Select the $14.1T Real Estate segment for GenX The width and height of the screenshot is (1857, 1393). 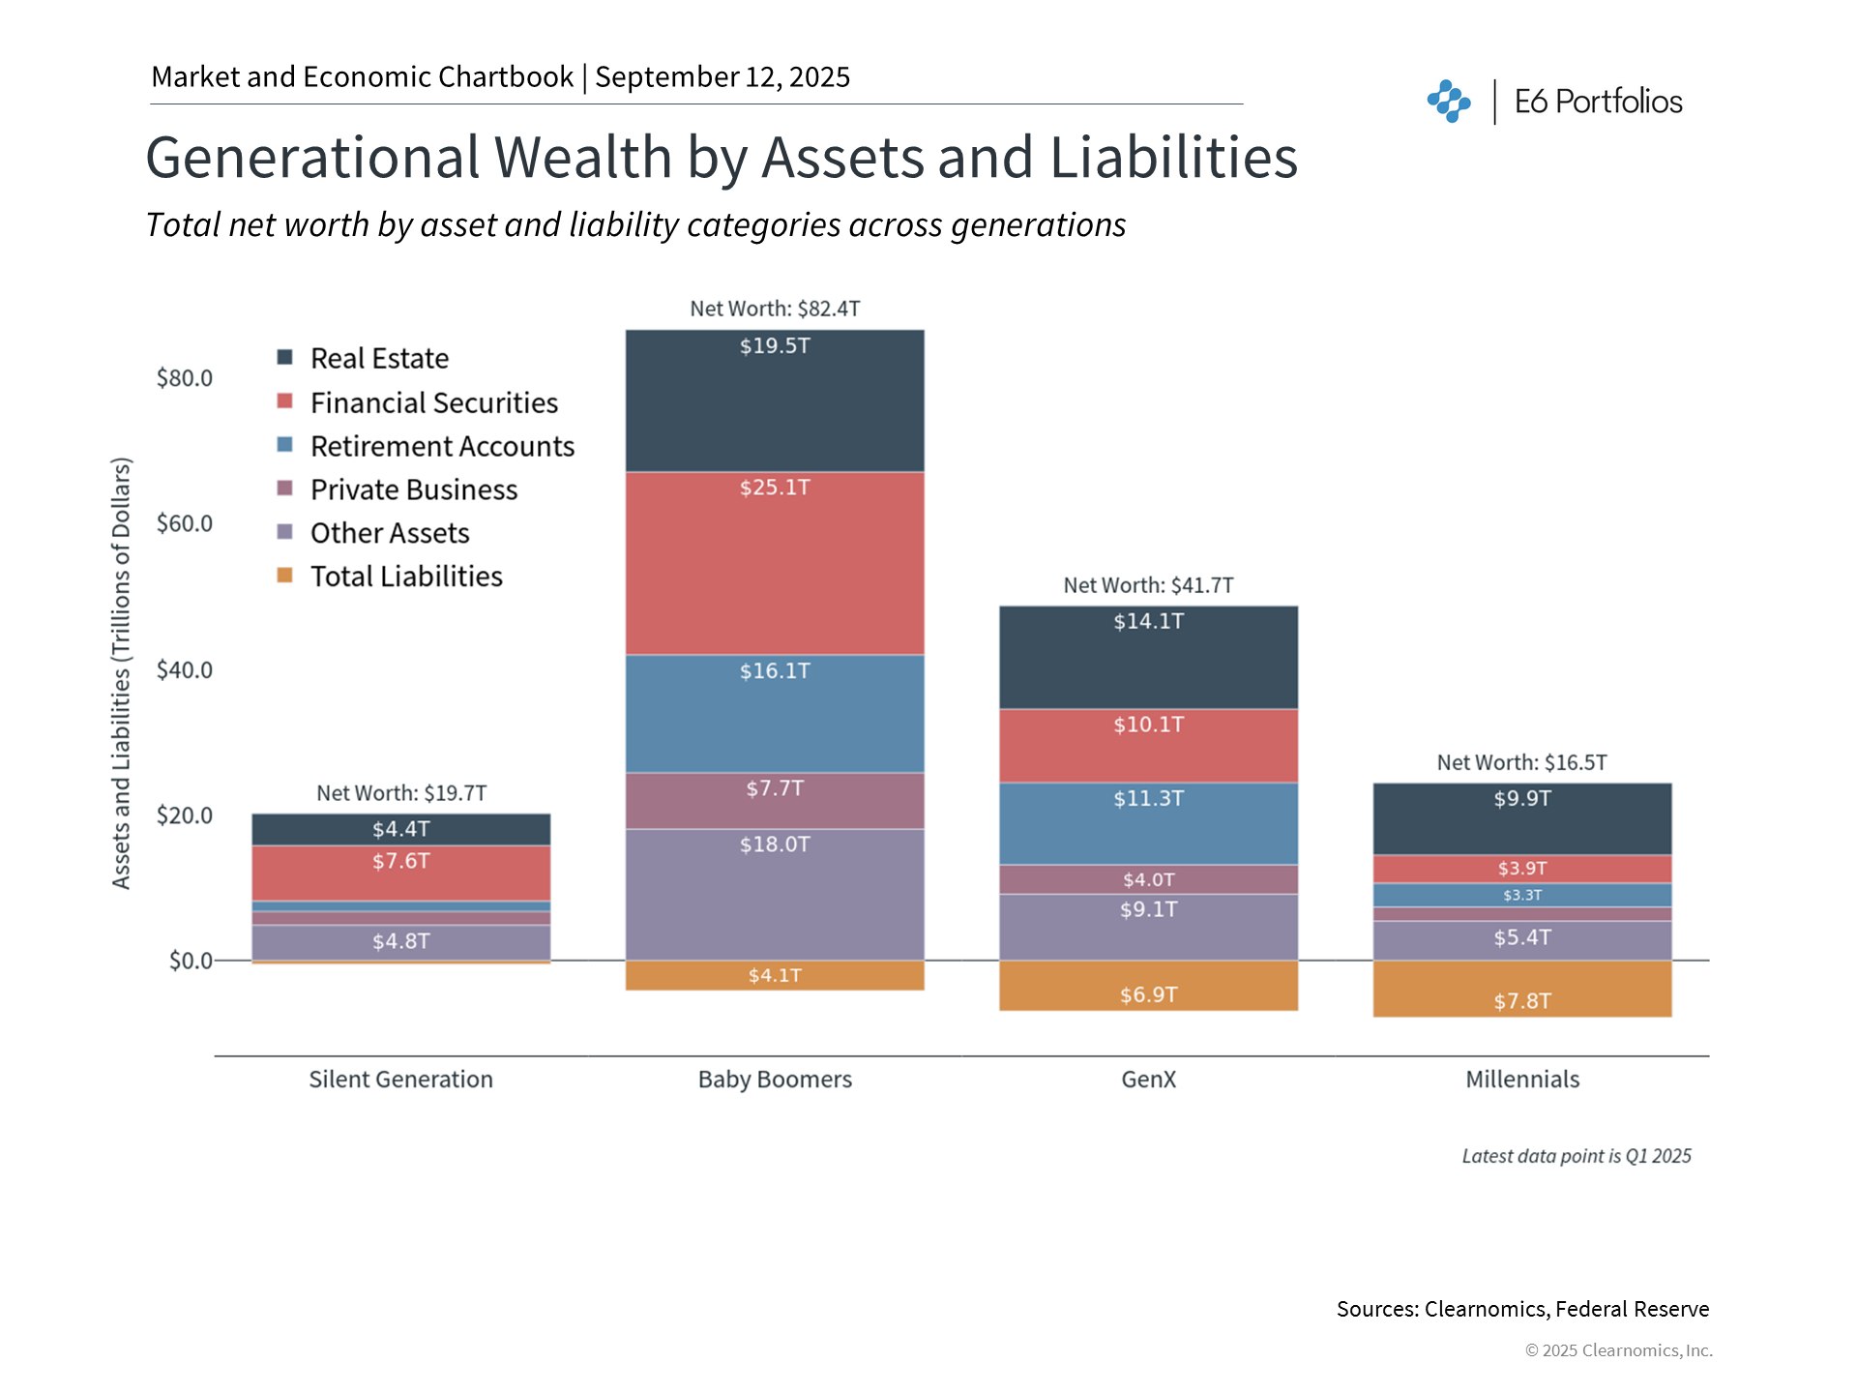click(1148, 658)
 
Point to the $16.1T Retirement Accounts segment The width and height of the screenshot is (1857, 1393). click(775, 714)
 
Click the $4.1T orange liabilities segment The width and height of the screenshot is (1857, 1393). click(775, 975)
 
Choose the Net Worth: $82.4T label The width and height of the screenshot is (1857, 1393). click(775, 309)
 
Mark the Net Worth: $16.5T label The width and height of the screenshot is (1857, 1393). click(1521, 762)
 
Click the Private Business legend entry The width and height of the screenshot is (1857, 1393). click(413, 489)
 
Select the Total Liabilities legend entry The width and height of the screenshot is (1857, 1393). click(406, 577)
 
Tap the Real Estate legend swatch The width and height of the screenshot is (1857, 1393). click(285, 358)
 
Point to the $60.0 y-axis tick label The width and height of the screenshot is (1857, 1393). click(185, 523)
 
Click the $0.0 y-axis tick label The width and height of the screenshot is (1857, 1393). click(191, 961)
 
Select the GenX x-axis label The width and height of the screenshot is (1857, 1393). click(1148, 1080)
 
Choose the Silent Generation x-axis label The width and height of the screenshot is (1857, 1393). click(400, 1080)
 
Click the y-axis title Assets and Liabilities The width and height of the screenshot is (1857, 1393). click(121, 672)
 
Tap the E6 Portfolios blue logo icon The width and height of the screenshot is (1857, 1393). click(1448, 102)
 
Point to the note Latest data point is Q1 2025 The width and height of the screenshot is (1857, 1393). click(1576, 1156)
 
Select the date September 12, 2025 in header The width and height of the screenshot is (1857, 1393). click(722, 77)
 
